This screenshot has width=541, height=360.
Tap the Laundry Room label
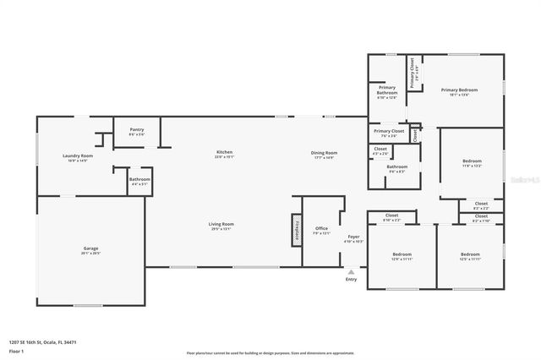pyautogui.click(x=77, y=157)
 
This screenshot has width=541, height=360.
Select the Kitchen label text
pyautogui.click(x=223, y=154)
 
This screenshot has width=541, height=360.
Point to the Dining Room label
pyautogui.click(x=325, y=154)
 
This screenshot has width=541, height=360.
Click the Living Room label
pyautogui.click(x=221, y=225)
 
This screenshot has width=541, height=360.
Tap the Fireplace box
pyautogui.click(x=297, y=229)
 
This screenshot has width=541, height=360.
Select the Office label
pyautogui.click(x=321, y=229)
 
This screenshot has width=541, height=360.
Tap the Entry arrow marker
pyautogui.click(x=351, y=272)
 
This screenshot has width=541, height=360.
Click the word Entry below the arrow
pyautogui.click(x=351, y=279)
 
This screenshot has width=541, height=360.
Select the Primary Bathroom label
pyautogui.click(x=386, y=90)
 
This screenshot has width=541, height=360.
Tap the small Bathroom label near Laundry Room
pyautogui.click(x=139, y=180)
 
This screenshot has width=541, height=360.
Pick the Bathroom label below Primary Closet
pyautogui.click(x=396, y=168)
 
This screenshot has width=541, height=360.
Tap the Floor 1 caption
pyautogui.click(x=17, y=351)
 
